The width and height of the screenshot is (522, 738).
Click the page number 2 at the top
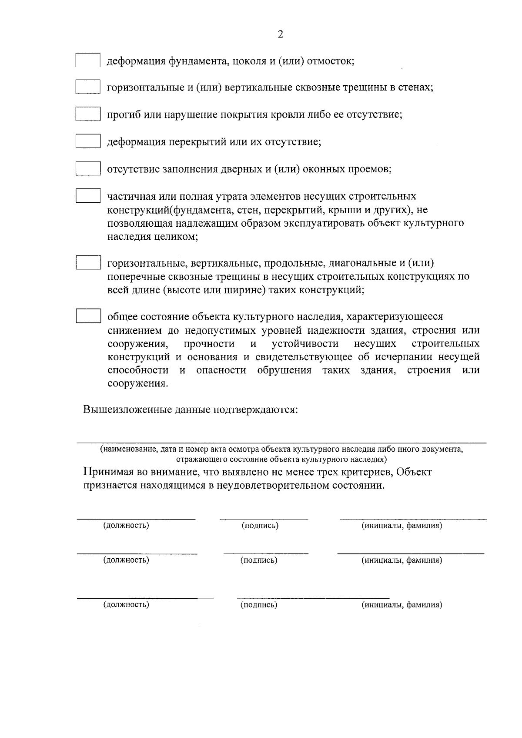pyautogui.click(x=280, y=35)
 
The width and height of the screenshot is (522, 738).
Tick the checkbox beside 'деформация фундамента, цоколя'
pyautogui.click(x=88, y=60)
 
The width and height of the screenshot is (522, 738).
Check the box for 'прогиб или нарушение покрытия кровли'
pyautogui.click(x=88, y=114)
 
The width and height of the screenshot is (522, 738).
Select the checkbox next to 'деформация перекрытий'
pyautogui.click(x=88, y=141)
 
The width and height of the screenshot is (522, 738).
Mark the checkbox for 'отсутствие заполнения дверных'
pyautogui.click(x=88, y=168)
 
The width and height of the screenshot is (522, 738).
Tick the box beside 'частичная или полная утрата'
pyautogui.click(x=88, y=196)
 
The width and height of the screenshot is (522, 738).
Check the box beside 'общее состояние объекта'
pyautogui.click(x=88, y=316)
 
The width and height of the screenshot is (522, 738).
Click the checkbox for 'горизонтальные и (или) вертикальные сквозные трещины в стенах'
pyautogui.click(x=88, y=87)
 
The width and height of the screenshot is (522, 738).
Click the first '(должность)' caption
pyautogui.click(x=126, y=525)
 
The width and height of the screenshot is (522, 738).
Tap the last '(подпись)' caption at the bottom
pyautogui.click(x=259, y=604)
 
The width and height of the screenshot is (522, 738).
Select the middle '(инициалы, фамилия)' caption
pyautogui.click(x=402, y=560)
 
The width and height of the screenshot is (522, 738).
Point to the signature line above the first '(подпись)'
pyautogui.click(x=264, y=519)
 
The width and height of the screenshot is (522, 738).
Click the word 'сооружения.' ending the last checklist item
pyautogui.click(x=137, y=384)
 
